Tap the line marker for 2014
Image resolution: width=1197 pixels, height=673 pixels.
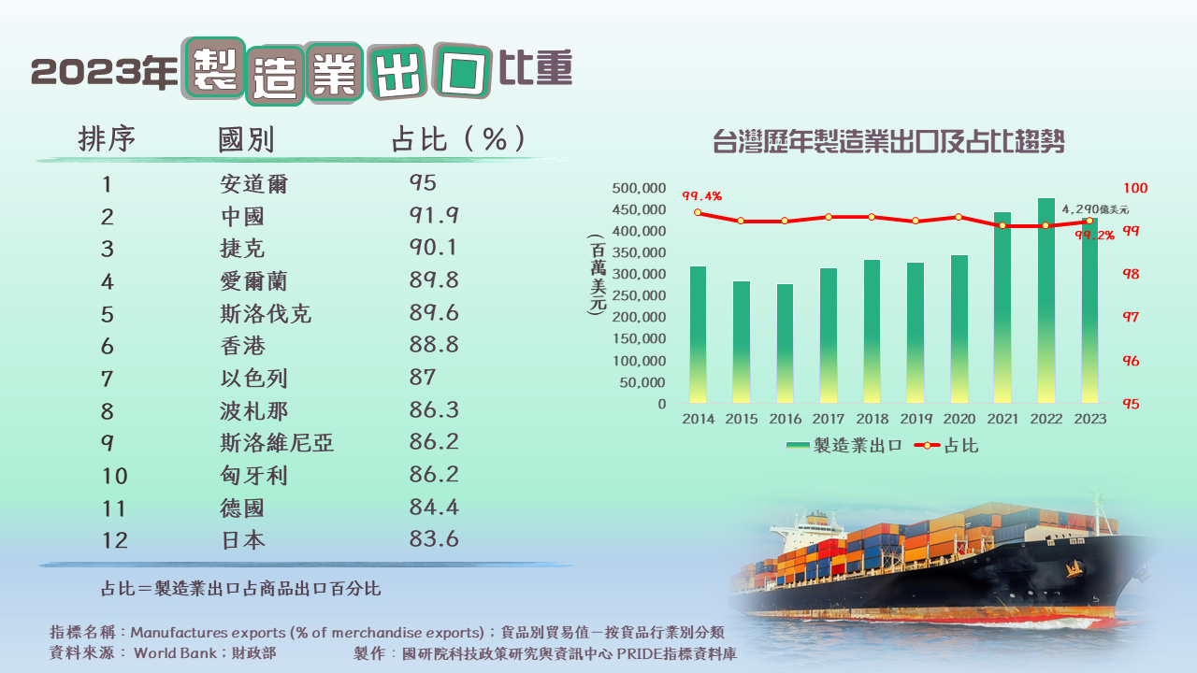pos(698,212)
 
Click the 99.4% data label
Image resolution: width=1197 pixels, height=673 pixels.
pos(701,196)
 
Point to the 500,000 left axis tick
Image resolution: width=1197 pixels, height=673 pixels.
pos(639,188)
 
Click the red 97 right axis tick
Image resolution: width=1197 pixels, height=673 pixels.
pos(1131,318)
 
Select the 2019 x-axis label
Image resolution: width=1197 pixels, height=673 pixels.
pos(916,420)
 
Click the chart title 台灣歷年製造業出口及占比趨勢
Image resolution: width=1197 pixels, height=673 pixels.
pos(889,143)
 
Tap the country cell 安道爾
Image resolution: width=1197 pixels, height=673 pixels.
pos(253,184)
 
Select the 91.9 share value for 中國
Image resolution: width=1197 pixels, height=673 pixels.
pos(434,216)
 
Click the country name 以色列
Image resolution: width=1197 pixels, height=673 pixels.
pos(253,379)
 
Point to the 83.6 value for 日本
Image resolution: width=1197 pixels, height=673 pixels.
pos(434,540)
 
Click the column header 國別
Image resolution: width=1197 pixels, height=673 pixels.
pos(246,140)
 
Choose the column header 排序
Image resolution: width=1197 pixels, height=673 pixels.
pos(107,140)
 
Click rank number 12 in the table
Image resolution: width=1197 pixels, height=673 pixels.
pos(114,540)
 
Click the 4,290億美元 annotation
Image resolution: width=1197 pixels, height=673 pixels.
pos(1095,209)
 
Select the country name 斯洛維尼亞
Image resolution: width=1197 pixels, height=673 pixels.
pos(277,443)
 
